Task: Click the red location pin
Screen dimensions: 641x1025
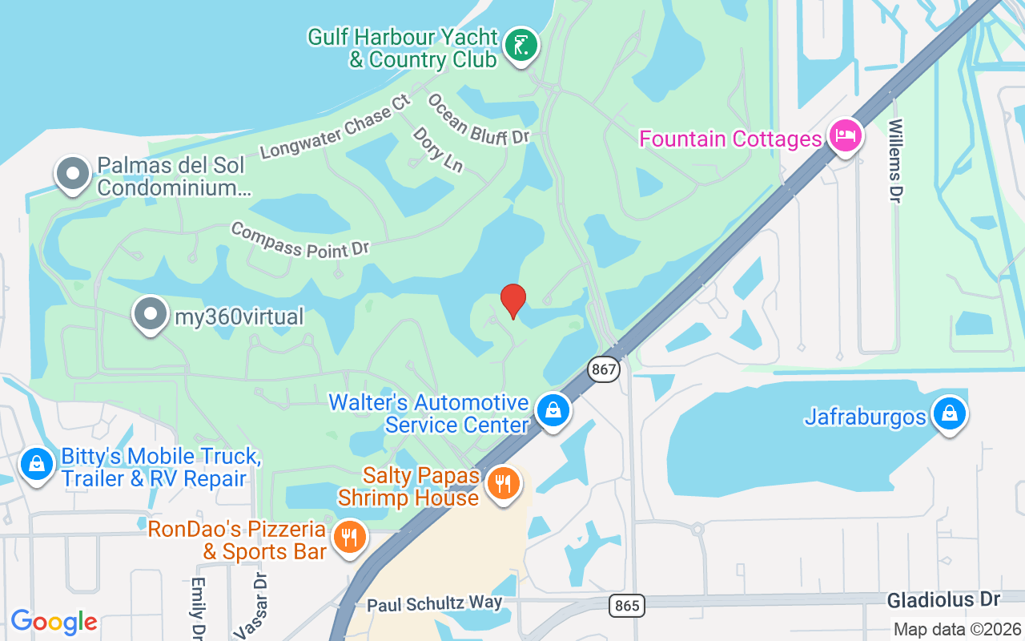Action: tap(512, 300)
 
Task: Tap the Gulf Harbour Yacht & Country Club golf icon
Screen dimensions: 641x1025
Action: tap(521, 47)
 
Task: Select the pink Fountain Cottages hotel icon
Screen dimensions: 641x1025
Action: tap(844, 137)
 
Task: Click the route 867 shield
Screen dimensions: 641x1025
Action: tap(604, 369)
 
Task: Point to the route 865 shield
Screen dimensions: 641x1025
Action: tap(627, 606)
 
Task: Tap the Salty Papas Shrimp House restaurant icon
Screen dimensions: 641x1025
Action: tap(503, 485)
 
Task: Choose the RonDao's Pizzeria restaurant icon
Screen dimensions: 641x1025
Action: tap(348, 537)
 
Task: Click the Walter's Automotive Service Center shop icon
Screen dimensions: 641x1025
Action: tap(553, 411)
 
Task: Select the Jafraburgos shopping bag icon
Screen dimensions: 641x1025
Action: tap(949, 415)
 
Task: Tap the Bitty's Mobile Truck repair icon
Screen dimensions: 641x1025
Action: tap(36, 466)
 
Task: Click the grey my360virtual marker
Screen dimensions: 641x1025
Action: tap(151, 316)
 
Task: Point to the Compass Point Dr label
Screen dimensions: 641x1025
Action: tap(299, 240)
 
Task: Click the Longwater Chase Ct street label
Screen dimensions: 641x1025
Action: tap(336, 127)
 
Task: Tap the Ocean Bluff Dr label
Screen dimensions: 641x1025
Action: tap(478, 120)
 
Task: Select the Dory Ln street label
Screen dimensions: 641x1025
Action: tap(438, 150)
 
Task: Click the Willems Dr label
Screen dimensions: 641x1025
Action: tap(895, 161)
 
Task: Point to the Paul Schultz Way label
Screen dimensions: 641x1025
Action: tap(435, 603)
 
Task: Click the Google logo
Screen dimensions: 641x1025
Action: tap(54, 622)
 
